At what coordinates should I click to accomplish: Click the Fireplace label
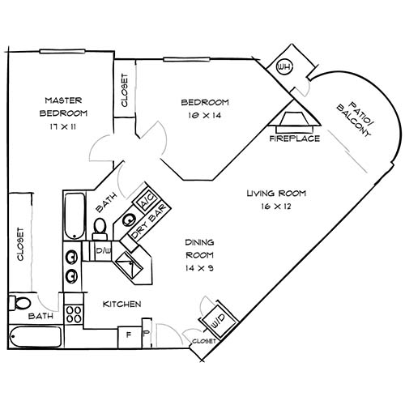pyautogui.click(x=294, y=138)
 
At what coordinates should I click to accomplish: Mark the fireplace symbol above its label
pyautogui.click(x=295, y=120)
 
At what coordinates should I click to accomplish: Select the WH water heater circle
pyautogui.click(x=284, y=66)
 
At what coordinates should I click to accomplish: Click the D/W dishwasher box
pyautogui.click(x=104, y=252)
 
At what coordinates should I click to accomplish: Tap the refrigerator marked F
pyautogui.click(x=127, y=333)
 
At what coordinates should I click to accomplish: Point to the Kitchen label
pyautogui.click(x=122, y=304)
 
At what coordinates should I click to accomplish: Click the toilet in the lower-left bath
pyautogui.click(x=18, y=303)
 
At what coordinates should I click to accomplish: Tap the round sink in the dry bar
pyautogui.click(x=129, y=218)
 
